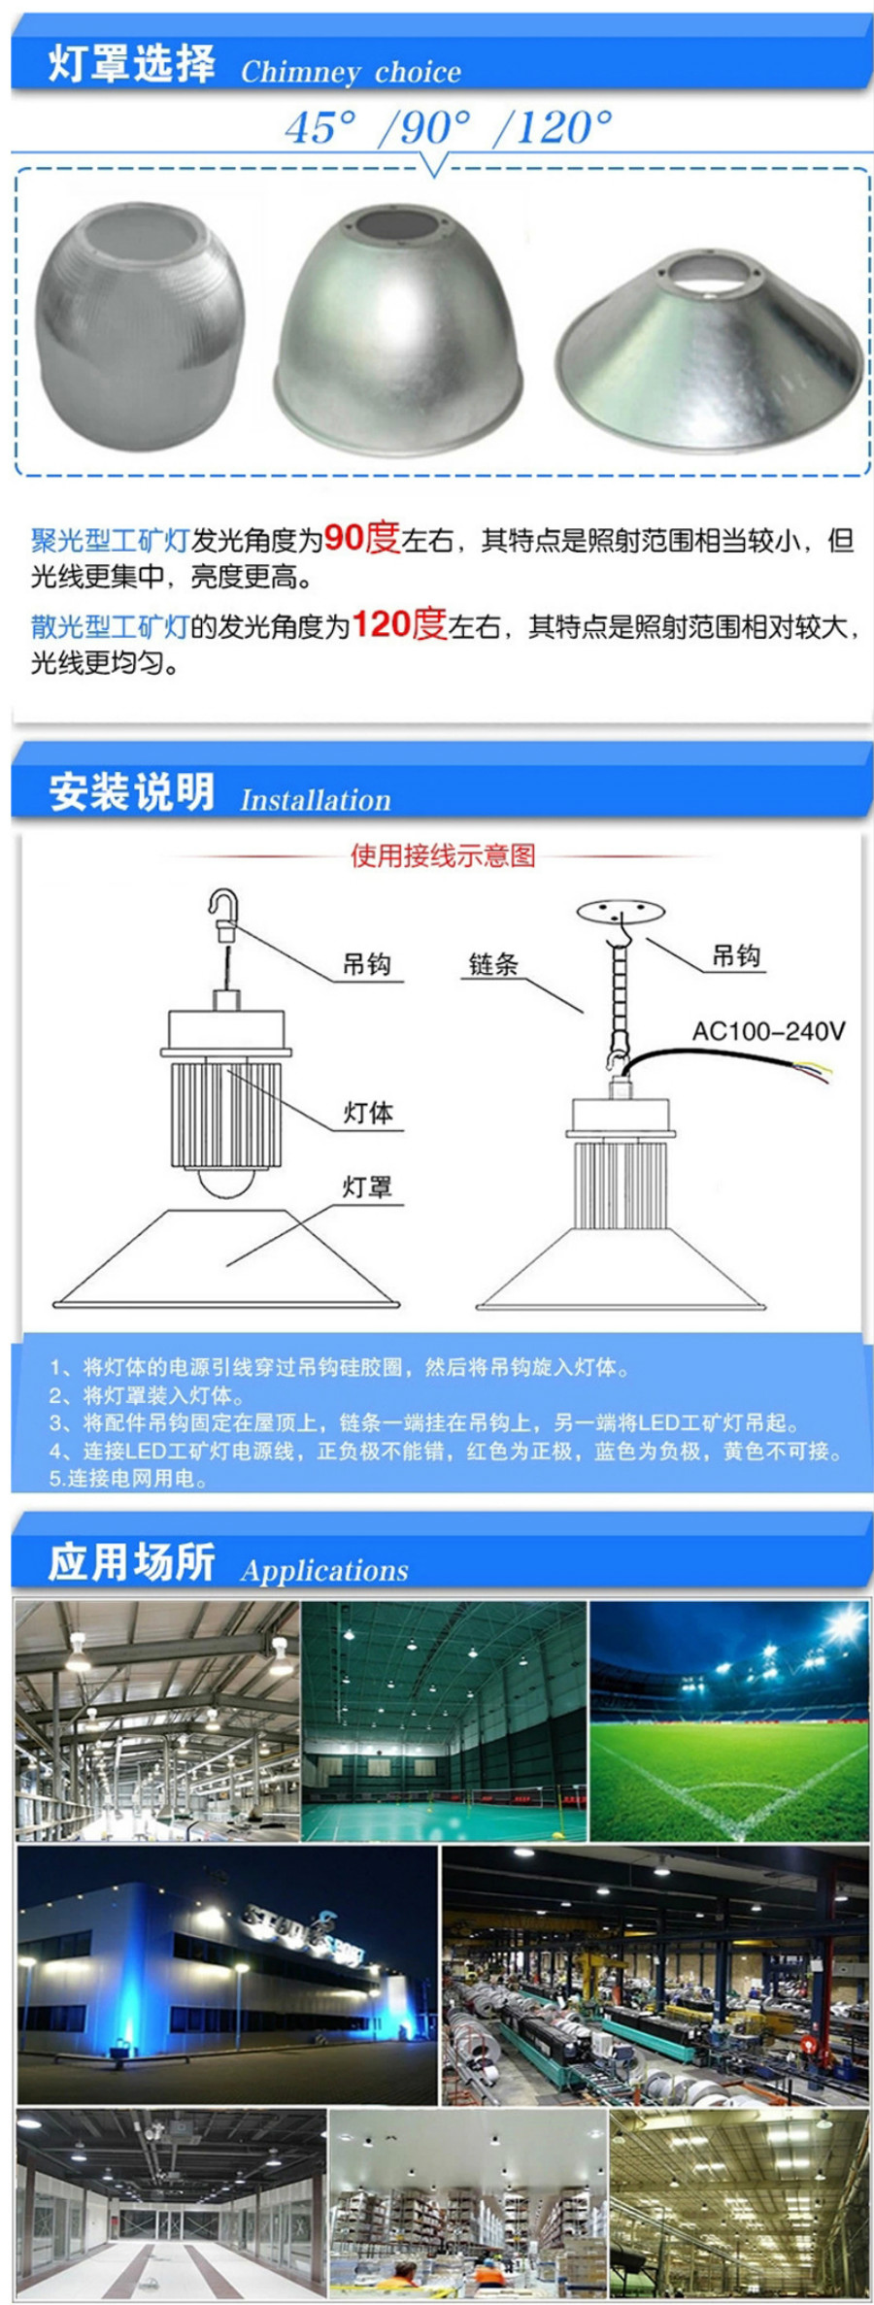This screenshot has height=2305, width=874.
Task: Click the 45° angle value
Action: pos(320,128)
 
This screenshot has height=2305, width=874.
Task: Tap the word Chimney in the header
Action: pos(301,72)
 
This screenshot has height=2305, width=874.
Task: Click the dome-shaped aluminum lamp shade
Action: pos(398,330)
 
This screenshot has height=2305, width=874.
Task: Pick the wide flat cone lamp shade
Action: pos(709,350)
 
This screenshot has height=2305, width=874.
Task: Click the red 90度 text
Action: pos(361,537)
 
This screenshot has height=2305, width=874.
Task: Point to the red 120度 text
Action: pos(398,623)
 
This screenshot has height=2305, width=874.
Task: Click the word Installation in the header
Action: pos(316,800)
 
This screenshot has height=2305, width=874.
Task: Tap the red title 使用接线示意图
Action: pos(443,855)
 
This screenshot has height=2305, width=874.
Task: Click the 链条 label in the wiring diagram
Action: pos(493,963)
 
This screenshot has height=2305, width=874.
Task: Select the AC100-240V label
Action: pos(768,1030)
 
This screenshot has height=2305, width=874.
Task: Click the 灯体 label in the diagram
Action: pos(368,1113)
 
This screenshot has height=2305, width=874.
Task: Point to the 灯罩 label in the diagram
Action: pos(368,1186)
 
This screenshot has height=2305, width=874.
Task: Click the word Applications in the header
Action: pos(324,1570)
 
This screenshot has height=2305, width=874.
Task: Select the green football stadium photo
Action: pos(729,1721)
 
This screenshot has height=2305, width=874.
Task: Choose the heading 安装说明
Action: pos(131,792)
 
